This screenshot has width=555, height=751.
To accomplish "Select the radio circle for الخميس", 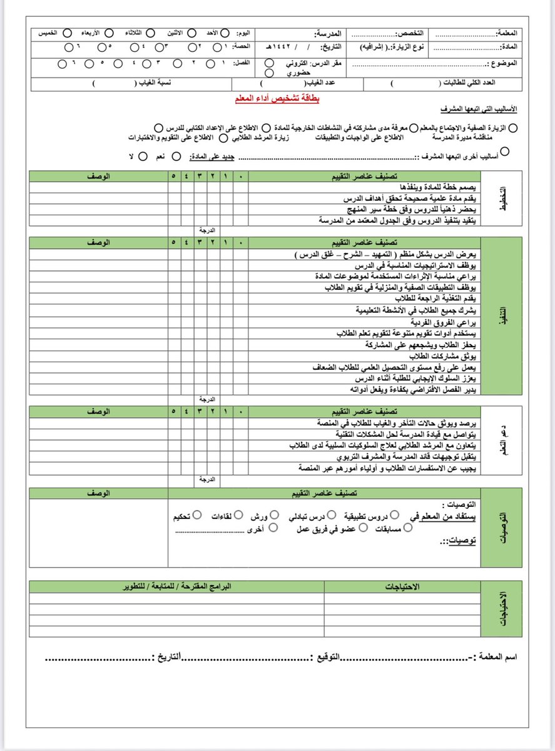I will [x=68, y=33].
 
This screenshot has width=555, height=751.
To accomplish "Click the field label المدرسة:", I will [x=330, y=33].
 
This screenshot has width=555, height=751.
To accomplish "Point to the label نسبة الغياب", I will [x=158, y=83].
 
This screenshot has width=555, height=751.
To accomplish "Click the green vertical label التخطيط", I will [x=502, y=203].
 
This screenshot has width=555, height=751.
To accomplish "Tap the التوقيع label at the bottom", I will [x=328, y=657].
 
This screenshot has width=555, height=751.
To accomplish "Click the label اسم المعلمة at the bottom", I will [x=501, y=657].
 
